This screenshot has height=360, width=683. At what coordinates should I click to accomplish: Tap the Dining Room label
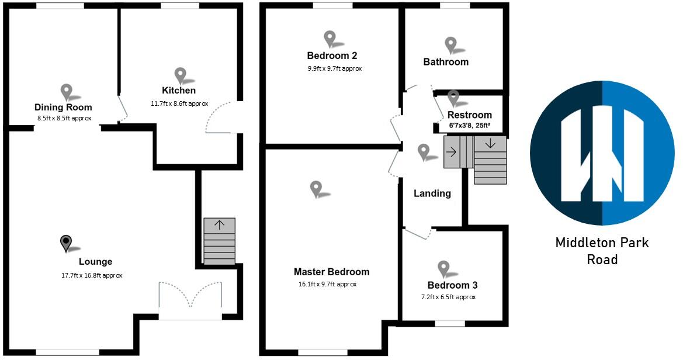63,108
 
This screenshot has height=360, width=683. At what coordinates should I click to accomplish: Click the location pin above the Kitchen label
181,75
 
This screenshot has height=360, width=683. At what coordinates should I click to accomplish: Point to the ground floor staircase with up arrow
220,241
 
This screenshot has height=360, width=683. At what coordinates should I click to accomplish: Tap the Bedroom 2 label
332,56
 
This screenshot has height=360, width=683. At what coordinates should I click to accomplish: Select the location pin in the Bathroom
450,44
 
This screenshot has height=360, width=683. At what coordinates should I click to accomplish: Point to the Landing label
432,193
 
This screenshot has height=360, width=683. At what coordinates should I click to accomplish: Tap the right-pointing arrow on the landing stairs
452,152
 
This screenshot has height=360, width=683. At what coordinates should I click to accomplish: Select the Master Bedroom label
331,272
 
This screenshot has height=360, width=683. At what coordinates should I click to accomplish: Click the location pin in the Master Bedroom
316,188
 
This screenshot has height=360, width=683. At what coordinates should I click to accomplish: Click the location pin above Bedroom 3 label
444,268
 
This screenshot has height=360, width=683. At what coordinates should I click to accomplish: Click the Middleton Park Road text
602,251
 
